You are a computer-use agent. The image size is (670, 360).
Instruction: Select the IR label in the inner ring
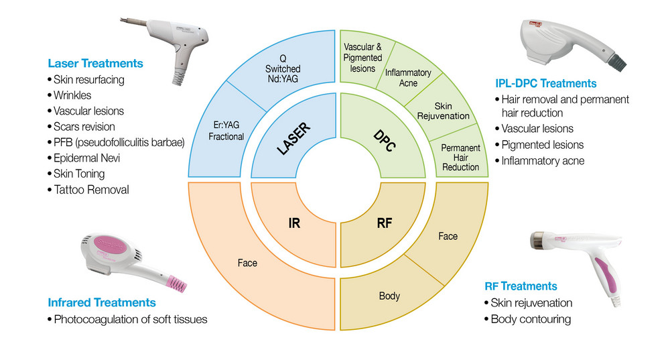293,223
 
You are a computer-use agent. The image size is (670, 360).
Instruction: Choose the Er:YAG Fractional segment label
225,131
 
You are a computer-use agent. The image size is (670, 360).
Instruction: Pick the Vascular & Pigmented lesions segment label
362,58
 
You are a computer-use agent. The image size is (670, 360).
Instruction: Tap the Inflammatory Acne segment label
407,78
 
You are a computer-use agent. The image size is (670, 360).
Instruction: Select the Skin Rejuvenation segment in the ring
443,111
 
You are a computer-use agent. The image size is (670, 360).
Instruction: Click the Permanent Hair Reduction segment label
461,157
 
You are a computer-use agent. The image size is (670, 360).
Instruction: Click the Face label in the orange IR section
247,263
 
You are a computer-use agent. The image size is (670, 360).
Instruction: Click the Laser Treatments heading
95,64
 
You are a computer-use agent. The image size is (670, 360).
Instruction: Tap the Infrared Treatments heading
102,302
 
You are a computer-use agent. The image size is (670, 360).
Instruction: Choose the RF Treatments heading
521,286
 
